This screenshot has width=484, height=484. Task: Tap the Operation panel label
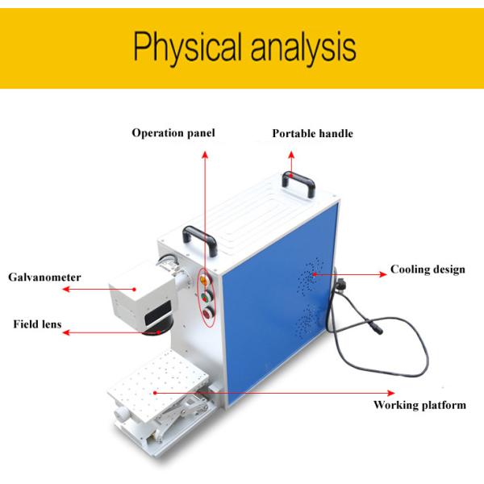[x=173, y=132]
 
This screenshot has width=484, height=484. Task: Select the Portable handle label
[x=312, y=133]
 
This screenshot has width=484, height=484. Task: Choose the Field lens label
[x=37, y=324]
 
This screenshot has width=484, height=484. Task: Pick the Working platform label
[x=419, y=405]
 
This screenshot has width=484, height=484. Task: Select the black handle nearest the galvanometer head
[x=199, y=237]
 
